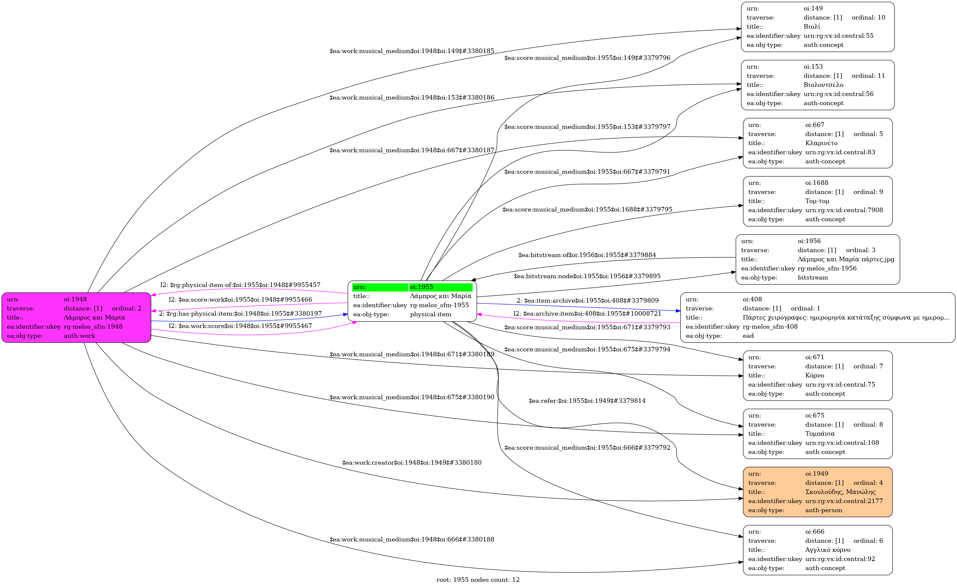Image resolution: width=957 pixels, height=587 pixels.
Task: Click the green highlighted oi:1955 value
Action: coord(422,287)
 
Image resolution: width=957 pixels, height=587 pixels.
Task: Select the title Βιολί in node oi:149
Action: coord(812,27)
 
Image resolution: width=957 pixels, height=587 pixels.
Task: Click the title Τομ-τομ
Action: coord(817,201)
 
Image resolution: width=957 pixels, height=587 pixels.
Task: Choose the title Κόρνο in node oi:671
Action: coord(814,375)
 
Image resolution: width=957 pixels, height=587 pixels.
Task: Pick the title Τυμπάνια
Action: coord(820,434)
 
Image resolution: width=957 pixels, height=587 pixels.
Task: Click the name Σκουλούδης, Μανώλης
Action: coord(840,492)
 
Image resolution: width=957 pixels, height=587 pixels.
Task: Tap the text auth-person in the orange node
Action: coord(824,510)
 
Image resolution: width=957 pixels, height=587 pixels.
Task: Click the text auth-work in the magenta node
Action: coord(79,336)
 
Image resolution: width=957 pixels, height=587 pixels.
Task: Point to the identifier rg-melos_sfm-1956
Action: coord(827,268)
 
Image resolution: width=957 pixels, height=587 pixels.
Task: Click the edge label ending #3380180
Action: coord(412,463)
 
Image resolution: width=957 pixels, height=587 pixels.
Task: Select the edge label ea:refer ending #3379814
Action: coord(587,401)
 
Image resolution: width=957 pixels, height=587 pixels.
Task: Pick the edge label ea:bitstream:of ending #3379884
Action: coord(587,255)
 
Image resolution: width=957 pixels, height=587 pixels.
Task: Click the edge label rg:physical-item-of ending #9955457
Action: coord(240,285)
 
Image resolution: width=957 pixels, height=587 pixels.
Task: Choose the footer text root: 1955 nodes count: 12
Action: coord(478,580)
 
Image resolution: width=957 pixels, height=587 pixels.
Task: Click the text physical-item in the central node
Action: coord(430,314)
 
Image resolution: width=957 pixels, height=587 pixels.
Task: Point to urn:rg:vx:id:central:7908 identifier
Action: coord(844,210)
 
